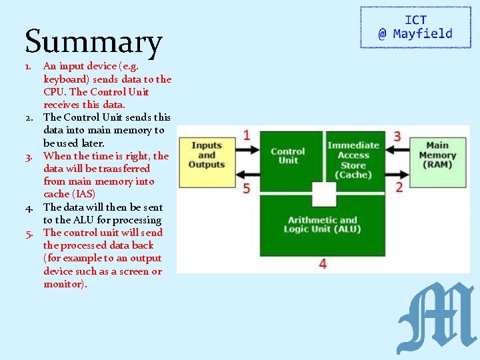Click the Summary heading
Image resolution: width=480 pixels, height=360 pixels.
93,41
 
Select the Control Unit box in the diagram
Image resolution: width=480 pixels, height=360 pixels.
287,156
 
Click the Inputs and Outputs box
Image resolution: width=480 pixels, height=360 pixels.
207,155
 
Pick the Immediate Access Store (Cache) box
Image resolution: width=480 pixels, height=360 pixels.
353,159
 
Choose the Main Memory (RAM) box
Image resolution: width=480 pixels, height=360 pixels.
437,155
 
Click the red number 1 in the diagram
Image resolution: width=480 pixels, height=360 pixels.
247,135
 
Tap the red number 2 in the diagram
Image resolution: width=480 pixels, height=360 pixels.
399,187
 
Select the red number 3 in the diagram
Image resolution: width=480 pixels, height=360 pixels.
397,136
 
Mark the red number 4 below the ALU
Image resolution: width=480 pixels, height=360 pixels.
323,264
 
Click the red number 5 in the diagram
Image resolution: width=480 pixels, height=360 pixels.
247,188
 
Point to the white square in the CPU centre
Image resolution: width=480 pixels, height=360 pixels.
324,194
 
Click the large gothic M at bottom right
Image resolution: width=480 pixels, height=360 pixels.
436,318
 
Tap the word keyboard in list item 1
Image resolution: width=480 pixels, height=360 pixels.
65,79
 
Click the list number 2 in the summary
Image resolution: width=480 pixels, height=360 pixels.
30,117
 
